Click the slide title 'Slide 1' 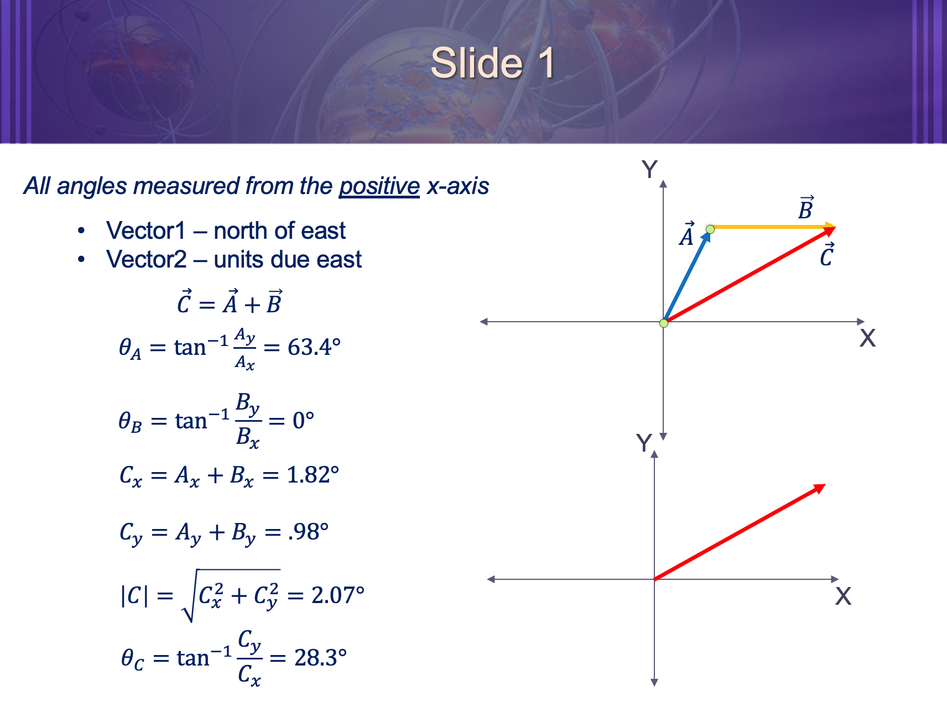click(x=492, y=62)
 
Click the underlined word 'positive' click(x=379, y=186)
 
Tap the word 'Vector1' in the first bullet click(x=145, y=230)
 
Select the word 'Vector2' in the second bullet click(x=146, y=259)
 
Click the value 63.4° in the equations click(x=314, y=348)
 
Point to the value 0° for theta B click(x=303, y=421)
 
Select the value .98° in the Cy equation click(x=308, y=532)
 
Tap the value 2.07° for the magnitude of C click(x=337, y=595)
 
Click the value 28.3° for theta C click(x=320, y=658)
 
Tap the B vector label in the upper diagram click(x=806, y=208)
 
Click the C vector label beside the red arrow click(x=826, y=255)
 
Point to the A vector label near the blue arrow click(x=686, y=235)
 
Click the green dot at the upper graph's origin click(x=664, y=323)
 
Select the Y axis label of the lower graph click(x=644, y=443)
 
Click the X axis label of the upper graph click(x=867, y=338)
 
